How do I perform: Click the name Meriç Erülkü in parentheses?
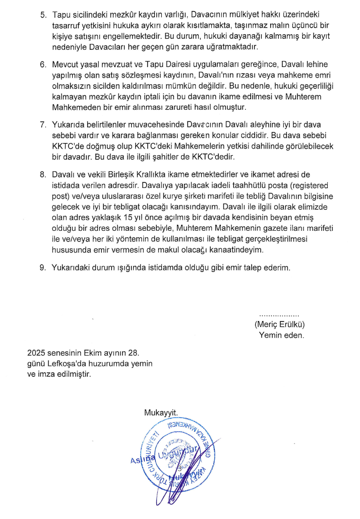280,324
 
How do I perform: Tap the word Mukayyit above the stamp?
161,413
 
